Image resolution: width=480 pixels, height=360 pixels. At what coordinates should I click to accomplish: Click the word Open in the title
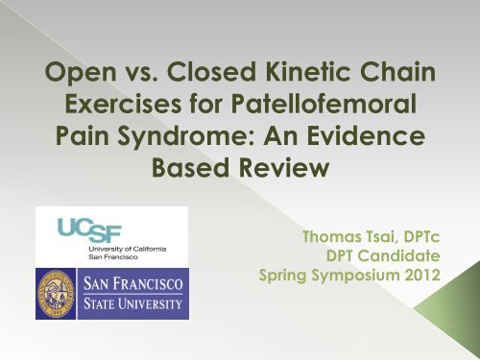[81, 72]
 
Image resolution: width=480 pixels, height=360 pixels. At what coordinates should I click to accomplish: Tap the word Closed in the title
[211, 71]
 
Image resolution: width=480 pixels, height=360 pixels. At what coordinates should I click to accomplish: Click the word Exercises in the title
[123, 104]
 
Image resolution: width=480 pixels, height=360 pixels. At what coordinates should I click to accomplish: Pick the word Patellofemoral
[324, 103]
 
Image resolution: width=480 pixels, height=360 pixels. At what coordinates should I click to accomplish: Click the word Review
[284, 167]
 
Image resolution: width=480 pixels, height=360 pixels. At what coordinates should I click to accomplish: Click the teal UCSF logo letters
[89, 229]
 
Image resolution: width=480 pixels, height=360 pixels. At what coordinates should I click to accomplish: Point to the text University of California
[128, 249]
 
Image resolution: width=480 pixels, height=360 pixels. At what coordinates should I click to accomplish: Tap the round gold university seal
[56, 294]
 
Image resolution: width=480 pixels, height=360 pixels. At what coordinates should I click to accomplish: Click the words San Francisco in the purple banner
[133, 283]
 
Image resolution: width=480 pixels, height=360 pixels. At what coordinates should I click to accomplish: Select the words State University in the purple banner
[133, 303]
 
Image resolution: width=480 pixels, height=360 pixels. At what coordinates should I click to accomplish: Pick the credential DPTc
[421, 237]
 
